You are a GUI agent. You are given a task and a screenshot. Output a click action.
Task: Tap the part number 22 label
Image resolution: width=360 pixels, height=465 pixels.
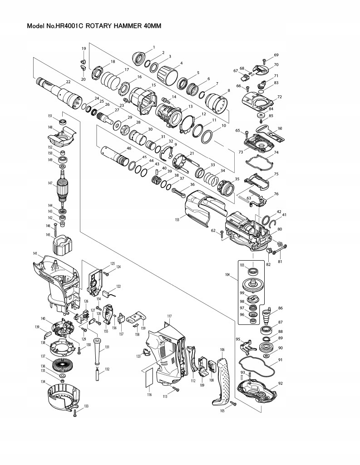coord(68,82)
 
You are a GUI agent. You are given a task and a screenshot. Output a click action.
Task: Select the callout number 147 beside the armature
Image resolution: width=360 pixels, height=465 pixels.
coord(50,183)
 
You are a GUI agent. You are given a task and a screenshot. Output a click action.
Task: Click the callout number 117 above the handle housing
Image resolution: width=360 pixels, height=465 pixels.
coord(169,316)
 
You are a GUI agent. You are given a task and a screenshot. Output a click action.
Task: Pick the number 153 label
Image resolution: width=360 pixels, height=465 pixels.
coord(177,219)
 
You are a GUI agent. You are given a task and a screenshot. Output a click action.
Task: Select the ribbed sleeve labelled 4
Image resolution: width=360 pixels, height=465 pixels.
coord(166,74)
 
